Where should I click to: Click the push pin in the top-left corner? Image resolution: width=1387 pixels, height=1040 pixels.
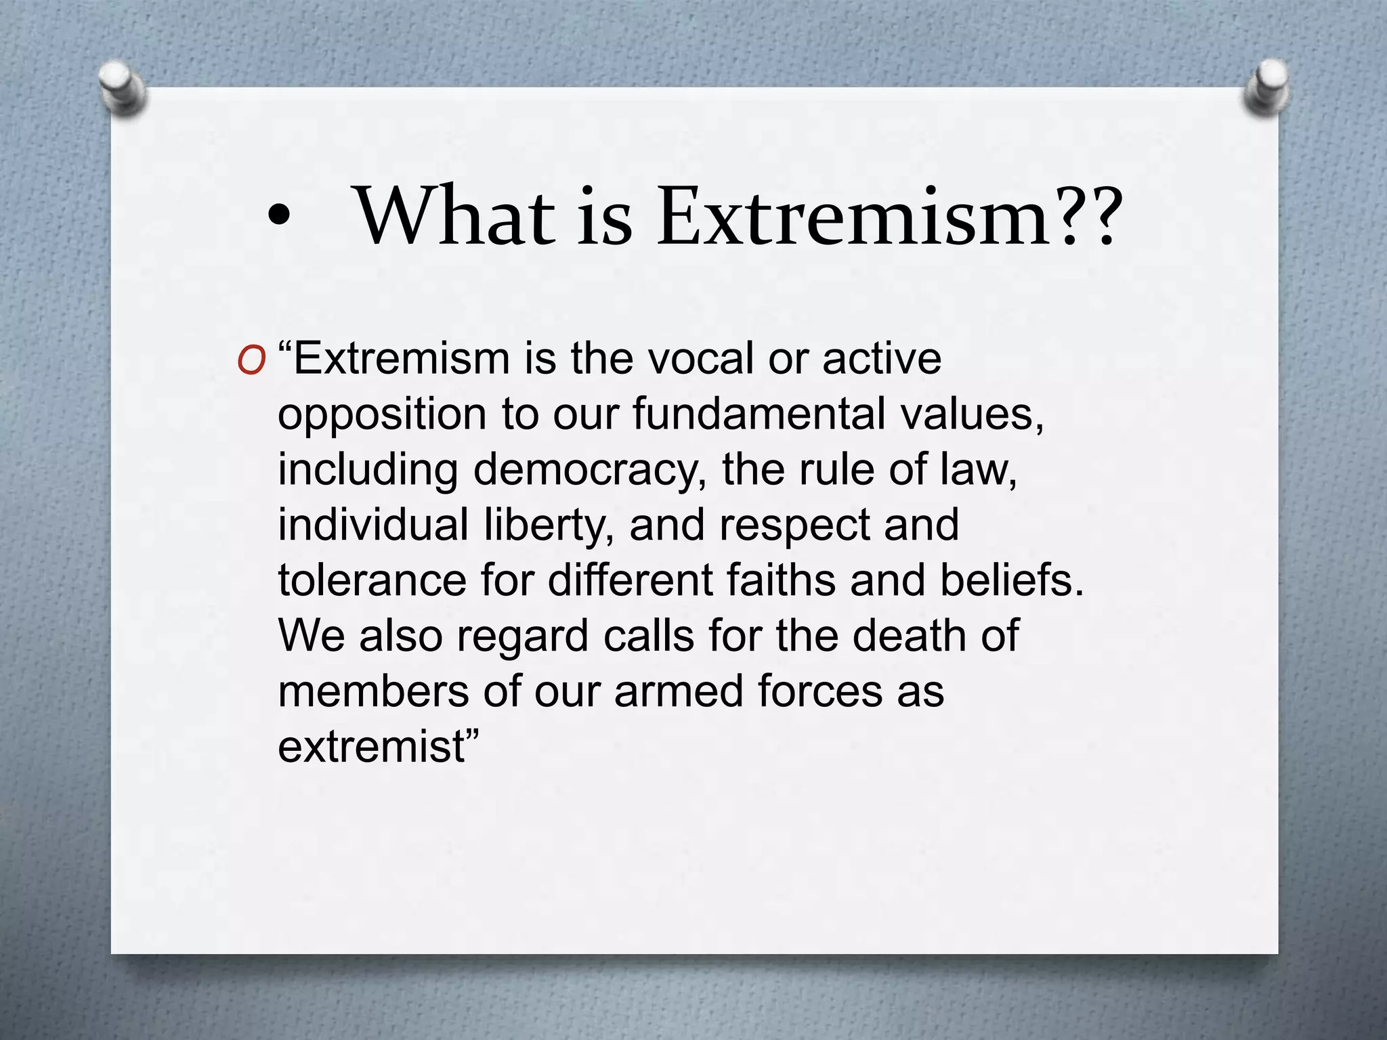click(x=122, y=87)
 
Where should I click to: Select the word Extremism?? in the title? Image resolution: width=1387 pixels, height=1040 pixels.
click(x=887, y=217)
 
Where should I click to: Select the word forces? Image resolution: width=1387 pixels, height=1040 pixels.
click(x=819, y=692)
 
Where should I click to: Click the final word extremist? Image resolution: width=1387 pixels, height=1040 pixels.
click(x=372, y=747)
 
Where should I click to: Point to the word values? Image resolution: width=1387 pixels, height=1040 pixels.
click(x=971, y=414)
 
